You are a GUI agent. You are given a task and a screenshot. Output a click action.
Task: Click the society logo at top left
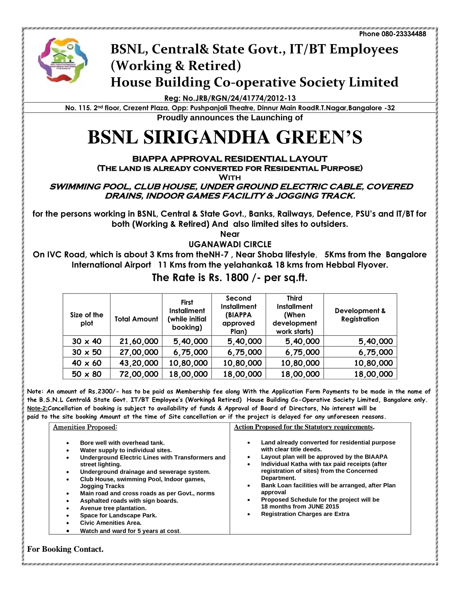point(63,60)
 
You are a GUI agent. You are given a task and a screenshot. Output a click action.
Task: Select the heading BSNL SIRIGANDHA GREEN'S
point(225,137)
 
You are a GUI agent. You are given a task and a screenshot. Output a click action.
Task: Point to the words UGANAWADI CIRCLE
point(230,244)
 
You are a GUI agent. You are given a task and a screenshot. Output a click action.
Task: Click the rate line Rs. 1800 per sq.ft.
point(229,278)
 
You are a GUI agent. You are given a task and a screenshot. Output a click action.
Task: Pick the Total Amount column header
point(136,319)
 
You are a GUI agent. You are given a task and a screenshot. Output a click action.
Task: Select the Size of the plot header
point(87,319)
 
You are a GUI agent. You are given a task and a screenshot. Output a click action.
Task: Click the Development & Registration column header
point(360,315)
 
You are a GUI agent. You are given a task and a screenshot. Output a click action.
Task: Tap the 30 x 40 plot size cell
point(87,341)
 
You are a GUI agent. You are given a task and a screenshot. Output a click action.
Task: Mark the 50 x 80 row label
point(87,374)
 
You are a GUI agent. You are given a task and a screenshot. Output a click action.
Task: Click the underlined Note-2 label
point(37,409)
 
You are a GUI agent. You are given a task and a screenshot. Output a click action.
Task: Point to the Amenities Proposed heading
point(85,427)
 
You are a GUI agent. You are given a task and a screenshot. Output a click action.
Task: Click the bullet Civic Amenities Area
point(111,523)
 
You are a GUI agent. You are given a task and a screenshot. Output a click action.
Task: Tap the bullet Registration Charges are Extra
point(305,514)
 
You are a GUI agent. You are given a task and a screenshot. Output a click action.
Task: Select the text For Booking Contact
point(65,549)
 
